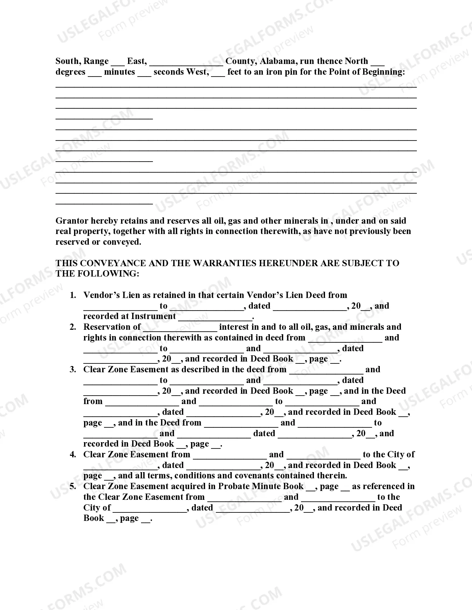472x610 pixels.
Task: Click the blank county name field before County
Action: (186, 62)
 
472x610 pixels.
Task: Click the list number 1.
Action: (73, 295)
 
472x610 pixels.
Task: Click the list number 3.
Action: (73, 370)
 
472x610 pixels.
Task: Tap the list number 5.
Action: (73, 487)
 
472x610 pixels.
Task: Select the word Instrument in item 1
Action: (153, 316)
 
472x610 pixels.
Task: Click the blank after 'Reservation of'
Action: (180, 328)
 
